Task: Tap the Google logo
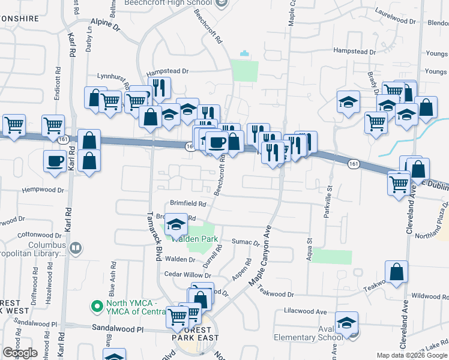[20, 353]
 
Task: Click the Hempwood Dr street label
[43, 190]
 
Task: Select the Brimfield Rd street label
[188, 204]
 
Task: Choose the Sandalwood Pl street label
[118, 329]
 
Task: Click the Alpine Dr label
[109, 36]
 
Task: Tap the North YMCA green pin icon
[95, 307]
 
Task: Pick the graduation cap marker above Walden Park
[175, 224]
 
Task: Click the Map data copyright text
[411, 355]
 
